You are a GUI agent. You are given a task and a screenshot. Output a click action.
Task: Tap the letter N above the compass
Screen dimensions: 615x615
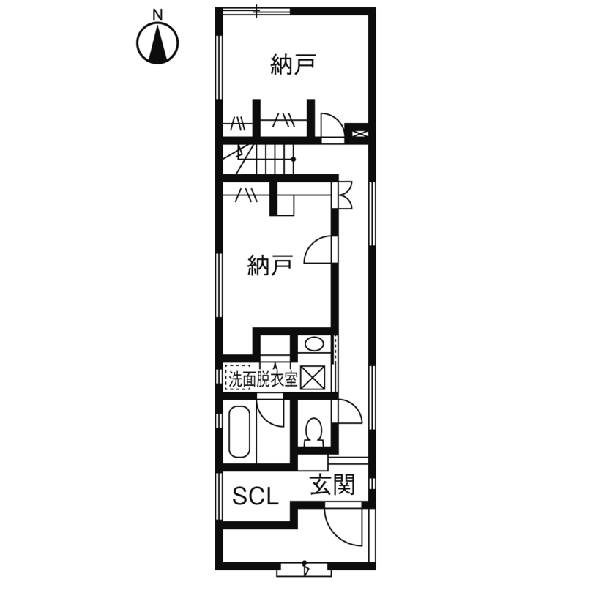click(157, 14)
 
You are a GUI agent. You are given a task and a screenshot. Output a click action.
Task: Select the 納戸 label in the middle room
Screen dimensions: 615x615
click(270, 264)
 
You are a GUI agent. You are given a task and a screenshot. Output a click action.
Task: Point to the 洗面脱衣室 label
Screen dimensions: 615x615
click(263, 379)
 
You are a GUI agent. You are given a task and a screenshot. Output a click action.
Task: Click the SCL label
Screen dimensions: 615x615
click(256, 498)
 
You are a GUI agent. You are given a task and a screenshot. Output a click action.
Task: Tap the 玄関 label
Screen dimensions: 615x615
click(332, 485)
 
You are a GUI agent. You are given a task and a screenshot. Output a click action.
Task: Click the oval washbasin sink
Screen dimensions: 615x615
click(314, 344)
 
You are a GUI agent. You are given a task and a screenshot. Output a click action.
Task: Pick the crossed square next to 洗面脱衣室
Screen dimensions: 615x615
click(313, 378)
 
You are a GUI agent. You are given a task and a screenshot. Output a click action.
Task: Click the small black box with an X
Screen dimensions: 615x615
click(359, 133)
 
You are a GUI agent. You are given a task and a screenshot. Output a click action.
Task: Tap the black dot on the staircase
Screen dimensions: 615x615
click(294, 159)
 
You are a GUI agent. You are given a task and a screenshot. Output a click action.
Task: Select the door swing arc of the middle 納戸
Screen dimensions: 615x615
click(321, 251)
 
